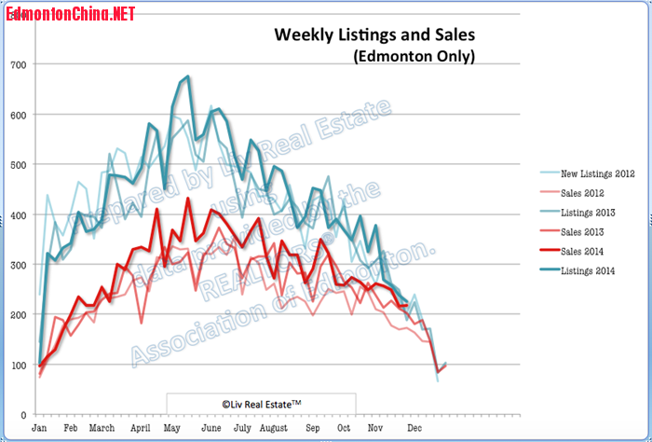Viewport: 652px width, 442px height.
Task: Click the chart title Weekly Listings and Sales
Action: point(374,35)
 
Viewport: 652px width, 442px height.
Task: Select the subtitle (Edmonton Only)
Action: point(414,57)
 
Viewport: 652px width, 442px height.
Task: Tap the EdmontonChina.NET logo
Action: point(70,13)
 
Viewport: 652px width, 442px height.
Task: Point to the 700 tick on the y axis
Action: point(18,64)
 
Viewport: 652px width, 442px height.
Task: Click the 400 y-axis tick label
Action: point(18,214)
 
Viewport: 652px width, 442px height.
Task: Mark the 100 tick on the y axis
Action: point(18,365)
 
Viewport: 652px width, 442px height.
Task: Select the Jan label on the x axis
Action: point(39,427)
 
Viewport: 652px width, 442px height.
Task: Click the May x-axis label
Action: point(171,427)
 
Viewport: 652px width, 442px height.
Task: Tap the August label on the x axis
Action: point(274,427)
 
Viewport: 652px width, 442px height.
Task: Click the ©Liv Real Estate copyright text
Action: point(261,404)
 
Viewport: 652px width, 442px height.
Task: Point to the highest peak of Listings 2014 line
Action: point(188,76)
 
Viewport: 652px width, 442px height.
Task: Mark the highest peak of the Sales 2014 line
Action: point(188,198)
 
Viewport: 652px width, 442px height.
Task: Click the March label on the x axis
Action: point(102,427)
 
